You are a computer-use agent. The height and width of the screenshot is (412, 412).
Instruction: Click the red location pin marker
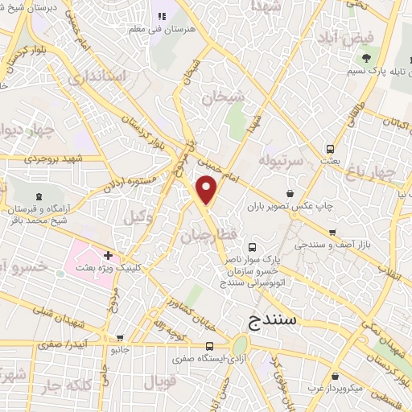coord(208,190)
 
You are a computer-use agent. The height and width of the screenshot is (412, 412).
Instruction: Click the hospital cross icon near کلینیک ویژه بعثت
coord(109,255)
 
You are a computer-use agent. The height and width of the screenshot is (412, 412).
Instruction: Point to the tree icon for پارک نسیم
coord(366,58)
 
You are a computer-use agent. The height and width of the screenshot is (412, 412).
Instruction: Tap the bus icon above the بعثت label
coord(330,148)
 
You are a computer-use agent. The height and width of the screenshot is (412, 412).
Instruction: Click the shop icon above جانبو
coord(120,338)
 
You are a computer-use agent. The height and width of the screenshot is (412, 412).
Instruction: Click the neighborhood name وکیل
coord(137,216)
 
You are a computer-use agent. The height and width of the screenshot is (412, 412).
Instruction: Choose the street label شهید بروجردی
coord(47,159)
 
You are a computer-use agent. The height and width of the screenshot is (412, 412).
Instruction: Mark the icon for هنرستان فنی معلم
coord(159,16)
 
